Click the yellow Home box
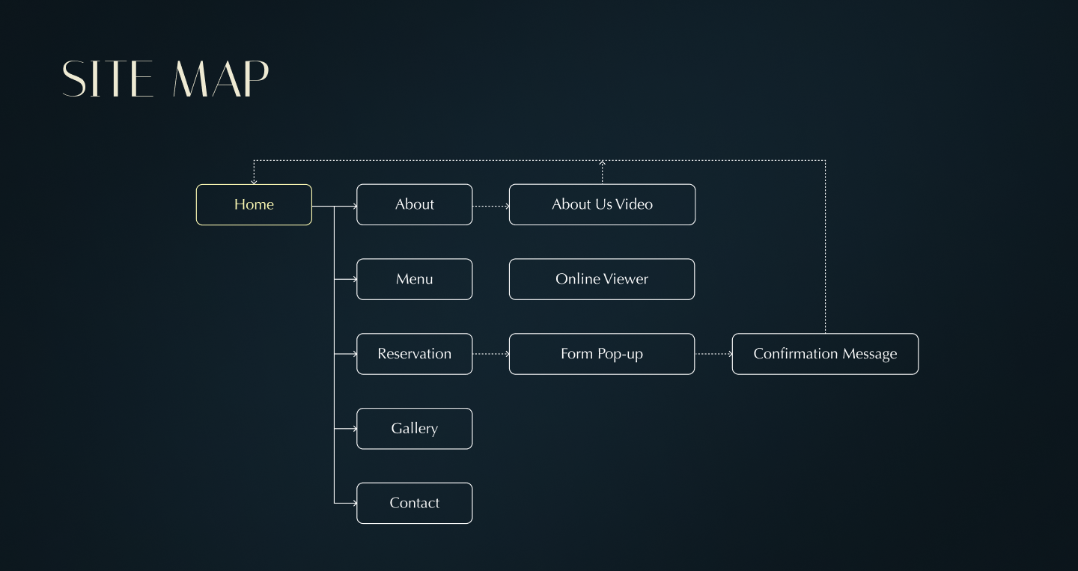click(x=254, y=204)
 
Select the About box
click(x=414, y=204)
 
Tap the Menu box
click(x=414, y=279)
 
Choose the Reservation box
click(x=414, y=354)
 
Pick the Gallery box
click(x=414, y=429)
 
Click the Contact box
click(x=414, y=503)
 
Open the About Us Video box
click(x=602, y=204)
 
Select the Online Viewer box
click(x=602, y=279)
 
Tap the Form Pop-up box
click(x=602, y=354)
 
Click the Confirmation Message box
click(x=825, y=354)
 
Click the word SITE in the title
click(x=108, y=79)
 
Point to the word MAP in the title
click(x=221, y=79)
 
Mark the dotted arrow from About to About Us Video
click(x=491, y=205)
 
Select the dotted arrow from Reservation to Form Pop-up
click(x=491, y=354)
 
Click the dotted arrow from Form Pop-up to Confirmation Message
click(x=713, y=354)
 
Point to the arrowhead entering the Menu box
click(x=354, y=279)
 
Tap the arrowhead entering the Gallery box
click(x=354, y=429)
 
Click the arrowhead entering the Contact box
click(x=354, y=503)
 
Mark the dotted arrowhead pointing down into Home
click(x=254, y=181)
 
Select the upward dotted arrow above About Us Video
click(x=602, y=171)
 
